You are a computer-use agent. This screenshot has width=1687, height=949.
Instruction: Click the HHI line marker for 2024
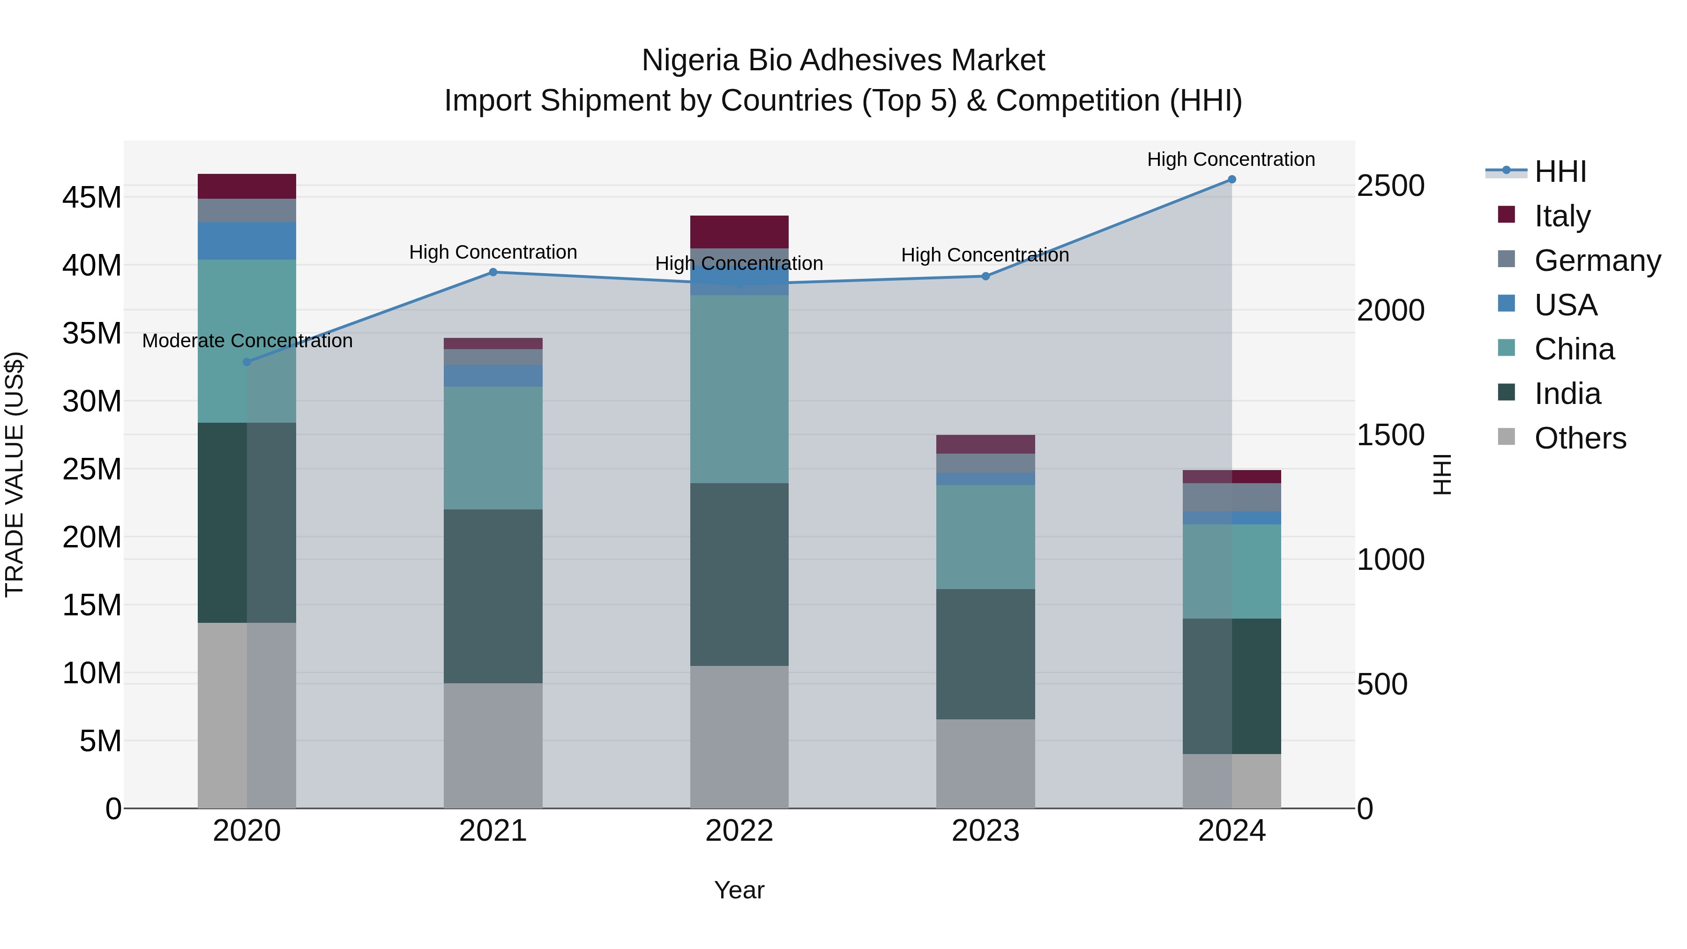pos(1231,179)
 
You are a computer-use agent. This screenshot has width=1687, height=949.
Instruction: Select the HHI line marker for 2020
pos(247,362)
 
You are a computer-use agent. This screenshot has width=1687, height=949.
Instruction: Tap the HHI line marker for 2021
pos(493,272)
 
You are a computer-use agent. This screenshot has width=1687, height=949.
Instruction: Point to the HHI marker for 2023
pos(985,276)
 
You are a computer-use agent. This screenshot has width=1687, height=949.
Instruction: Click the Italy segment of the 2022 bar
pos(739,232)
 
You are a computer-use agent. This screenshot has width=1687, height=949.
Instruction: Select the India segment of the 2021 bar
pos(493,596)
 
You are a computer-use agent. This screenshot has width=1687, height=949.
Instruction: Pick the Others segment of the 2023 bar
pos(985,764)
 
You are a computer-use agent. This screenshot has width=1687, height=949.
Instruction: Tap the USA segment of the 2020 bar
pos(247,241)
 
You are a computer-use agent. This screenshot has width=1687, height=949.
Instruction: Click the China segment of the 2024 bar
pos(1231,571)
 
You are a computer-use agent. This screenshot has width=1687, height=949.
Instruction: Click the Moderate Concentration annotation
pos(247,341)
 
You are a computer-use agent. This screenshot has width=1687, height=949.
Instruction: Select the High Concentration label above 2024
pos(1231,160)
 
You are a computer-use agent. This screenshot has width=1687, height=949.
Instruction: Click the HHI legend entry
pos(1559,172)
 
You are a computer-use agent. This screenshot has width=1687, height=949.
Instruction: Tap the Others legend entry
pos(1580,438)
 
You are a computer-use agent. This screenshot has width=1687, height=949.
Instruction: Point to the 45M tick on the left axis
pos(92,197)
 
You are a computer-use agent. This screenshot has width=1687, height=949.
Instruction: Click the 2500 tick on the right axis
pos(1390,186)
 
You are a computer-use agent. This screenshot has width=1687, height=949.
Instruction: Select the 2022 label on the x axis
pos(739,831)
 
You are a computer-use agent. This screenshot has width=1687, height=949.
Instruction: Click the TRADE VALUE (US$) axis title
pos(15,474)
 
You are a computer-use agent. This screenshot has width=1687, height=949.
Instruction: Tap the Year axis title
pos(739,890)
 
